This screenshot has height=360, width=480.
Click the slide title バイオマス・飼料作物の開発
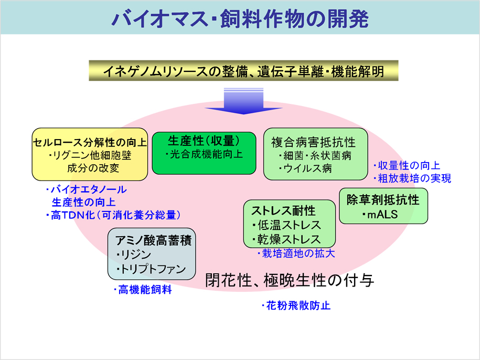240,18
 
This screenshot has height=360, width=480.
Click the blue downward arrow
244,101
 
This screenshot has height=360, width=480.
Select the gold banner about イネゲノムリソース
244,71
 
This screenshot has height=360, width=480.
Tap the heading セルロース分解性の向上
90,142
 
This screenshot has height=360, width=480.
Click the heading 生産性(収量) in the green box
204,141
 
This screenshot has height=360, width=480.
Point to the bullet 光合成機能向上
204,154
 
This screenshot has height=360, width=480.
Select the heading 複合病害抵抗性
314,142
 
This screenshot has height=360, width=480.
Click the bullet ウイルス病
305,168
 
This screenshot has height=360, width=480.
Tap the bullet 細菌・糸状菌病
315,155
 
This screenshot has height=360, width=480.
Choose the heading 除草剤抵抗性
383,200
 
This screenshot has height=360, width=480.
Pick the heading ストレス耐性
283,211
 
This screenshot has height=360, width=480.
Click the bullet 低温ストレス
286,225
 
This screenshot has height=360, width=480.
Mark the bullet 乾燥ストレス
286,239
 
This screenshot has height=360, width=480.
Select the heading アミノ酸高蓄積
153,240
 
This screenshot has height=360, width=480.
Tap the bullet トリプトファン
151,269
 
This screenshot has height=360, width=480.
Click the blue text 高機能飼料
143,290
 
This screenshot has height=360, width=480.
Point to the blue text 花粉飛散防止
296,305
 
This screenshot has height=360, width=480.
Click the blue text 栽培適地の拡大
296,253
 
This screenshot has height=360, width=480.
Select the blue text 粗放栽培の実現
412,178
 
